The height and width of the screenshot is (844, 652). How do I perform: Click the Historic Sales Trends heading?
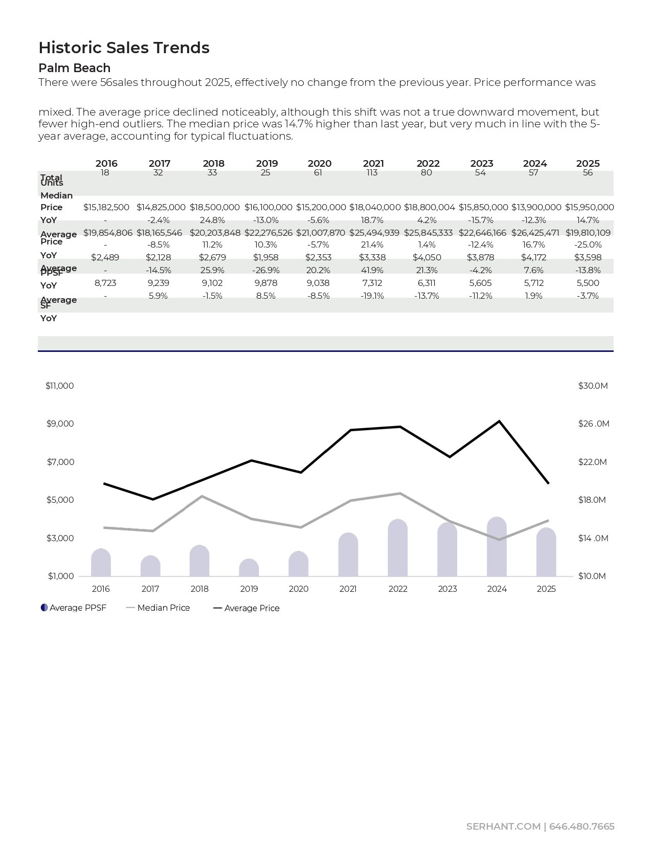pyautogui.click(x=124, y=48)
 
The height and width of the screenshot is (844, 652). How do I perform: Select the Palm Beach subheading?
pyautogui.click(x=74, y=68)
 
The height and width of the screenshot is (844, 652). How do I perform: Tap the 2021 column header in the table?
pyautogui.click(x=373, y=164)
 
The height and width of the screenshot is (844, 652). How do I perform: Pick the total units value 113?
pyautogui.click(x=372, y=173)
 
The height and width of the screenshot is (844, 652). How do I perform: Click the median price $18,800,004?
pyautogui.click(x=429, y=207)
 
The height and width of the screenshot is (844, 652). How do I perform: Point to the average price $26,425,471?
pyautogui.click(x=535, y=233)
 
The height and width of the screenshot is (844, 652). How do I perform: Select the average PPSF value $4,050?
pyautogui.click(x=426, y=257)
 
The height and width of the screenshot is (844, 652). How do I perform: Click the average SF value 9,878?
pyautogui.click(x=266, y=283)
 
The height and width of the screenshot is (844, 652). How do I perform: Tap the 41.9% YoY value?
pyautogui.click(x=372, y=270)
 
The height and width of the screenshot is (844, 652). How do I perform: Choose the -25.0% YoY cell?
pyautogui.click(x=588, y=245)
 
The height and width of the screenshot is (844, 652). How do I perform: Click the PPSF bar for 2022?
pyautogui.click(x=398, y=548)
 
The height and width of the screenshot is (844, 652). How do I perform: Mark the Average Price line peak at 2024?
pyautogui.click(x=499, y=421)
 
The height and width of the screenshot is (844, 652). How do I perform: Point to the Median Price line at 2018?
pyautogui.click(x=202, y=496)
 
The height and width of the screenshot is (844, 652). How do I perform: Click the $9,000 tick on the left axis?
pyautogui.click(x=60, y=424)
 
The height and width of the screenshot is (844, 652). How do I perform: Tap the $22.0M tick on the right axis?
pyautogui.click(x=592, y=462)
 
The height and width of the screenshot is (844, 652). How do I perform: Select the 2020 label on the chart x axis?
pyautogui.click(x=299, y=589)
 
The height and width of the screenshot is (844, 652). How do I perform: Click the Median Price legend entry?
pyautogui.click(x=163, y=608)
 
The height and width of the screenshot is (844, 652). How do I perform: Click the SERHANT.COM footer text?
pyautogui.click(x=503, y=827)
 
